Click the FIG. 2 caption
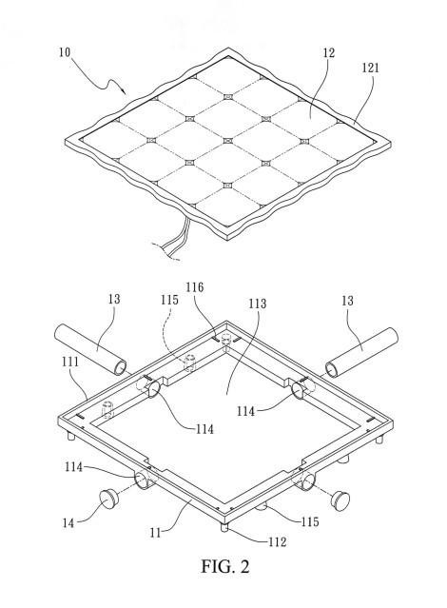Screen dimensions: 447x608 click(224, 566)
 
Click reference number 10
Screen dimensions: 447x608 click(65, 52)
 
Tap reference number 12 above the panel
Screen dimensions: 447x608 click(328, 52)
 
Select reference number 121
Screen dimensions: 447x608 click(370, 68)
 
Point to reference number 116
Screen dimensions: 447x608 click(194, 287)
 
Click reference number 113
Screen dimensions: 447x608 click(258, 304)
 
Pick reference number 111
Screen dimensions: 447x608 click(70, 362)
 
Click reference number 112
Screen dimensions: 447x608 click(277, 541)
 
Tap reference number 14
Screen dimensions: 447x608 click(68, 523)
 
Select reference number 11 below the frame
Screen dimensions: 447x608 click(155, 533)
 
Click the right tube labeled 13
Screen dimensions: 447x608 click(361, 352)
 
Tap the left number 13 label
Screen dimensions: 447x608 click(114, 300)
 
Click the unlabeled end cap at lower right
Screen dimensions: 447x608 click(340, 500)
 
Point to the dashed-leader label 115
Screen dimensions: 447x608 click(170, 300)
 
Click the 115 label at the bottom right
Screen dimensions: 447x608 click(310, 522)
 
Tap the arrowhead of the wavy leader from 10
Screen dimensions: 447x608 click(124, 91)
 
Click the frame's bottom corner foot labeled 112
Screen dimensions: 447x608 click(223, 527)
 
